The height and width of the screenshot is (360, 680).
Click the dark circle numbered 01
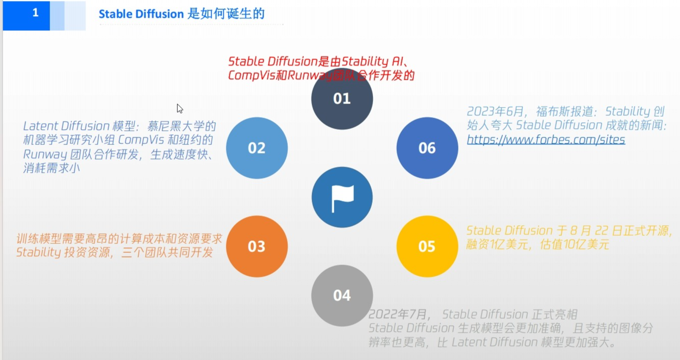(342, 98)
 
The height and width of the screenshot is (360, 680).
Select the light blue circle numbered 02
(256, 148)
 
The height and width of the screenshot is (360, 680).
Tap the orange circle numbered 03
(256, 246)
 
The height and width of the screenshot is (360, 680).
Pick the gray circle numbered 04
(342, 295)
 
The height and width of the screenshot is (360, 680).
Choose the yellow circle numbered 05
(427, 246)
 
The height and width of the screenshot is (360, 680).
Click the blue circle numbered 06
(427, 148)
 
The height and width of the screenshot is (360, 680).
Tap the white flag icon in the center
(342, 197)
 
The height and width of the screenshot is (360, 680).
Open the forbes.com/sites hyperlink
(546, 139)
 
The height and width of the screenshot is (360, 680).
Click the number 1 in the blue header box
(35, 14)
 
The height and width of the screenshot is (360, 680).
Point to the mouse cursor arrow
(179, 108)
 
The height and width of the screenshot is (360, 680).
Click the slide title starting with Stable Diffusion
(181, 14)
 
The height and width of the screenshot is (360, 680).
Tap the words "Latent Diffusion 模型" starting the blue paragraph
(73, 126)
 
